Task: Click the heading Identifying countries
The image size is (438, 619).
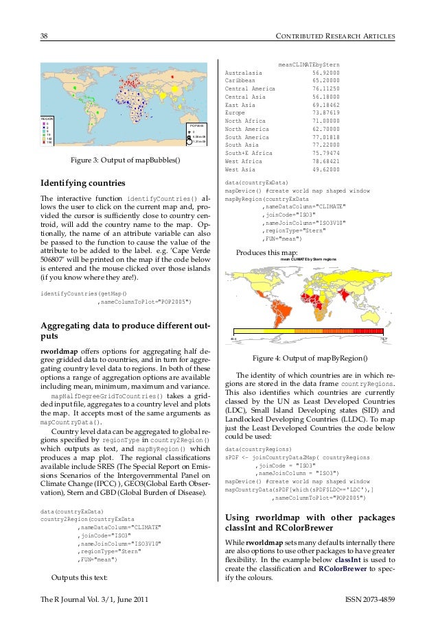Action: pos(83,184)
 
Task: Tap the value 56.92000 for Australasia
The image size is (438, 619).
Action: pos(326,72)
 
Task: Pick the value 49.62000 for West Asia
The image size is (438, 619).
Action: pos(326,169)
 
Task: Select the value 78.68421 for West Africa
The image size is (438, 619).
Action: pos(326,161)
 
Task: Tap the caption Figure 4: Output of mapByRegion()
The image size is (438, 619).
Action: pos(310,359)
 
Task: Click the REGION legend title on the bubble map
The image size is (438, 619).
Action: pos(47,119)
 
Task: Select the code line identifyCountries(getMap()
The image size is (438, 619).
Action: pos(84,293)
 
